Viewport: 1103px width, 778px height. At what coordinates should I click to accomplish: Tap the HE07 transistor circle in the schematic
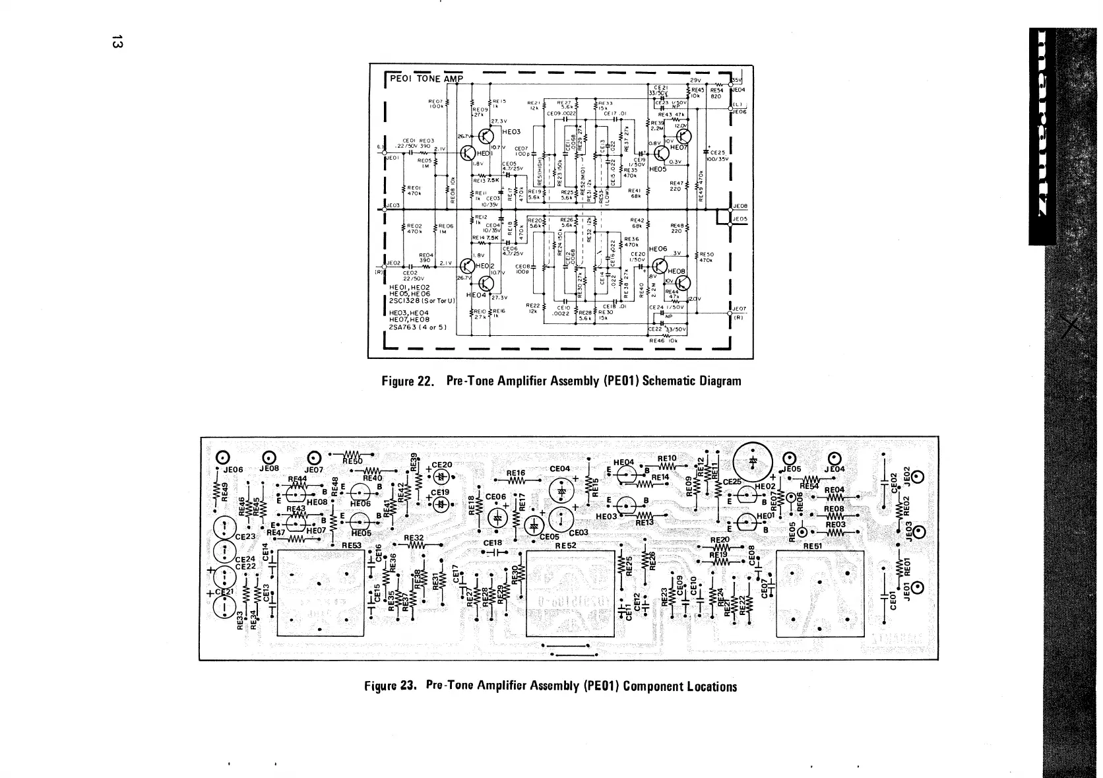[x=682, y=137]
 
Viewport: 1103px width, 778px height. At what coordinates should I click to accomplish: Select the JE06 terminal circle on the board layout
[x=224, y=457]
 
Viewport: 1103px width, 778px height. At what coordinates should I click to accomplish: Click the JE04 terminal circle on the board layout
[x=833, y=457]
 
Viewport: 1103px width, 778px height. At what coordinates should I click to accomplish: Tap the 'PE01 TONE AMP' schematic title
[x=427, y=79]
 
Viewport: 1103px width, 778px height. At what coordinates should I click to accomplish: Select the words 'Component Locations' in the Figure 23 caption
[x=679, y=686]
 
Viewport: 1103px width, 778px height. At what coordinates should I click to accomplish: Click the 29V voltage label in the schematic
[x=695, y=79]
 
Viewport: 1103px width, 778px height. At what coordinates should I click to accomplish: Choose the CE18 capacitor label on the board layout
[x=493, y=543]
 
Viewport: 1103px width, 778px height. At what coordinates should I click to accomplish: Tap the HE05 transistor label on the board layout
[x=361, y=533]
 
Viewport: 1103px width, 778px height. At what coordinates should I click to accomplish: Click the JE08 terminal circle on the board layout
[x=269, y=457]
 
